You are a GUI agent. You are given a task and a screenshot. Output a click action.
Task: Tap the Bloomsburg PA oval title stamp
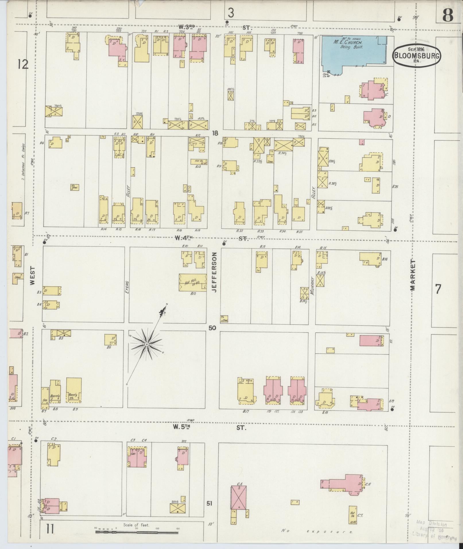tap(416, 55)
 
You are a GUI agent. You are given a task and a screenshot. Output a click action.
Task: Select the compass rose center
tap(146, 344)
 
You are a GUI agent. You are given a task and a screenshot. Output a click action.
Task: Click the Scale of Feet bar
tap(137, 532)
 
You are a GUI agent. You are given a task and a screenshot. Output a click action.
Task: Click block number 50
tap(212, 328)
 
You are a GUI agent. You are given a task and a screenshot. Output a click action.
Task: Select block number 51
tap(210, 503)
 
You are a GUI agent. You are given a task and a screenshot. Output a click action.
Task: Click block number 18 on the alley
tap(215, 133)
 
